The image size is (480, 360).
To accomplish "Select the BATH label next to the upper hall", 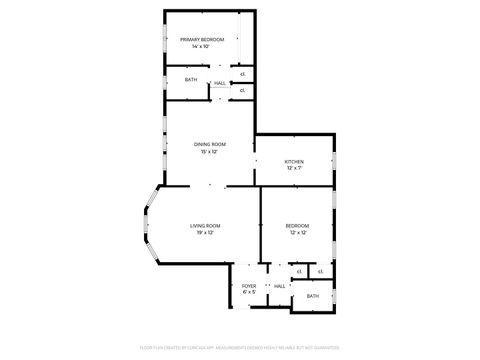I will point(190,80).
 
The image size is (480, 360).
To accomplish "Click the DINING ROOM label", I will point(210,144).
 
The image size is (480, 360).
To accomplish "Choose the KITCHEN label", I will point(294,161).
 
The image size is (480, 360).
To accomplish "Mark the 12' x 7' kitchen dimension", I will point(294,169).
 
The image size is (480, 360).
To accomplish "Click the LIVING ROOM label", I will point(205,226).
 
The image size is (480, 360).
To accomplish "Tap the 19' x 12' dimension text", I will point(203,234).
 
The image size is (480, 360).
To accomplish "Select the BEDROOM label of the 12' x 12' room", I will point(297,226).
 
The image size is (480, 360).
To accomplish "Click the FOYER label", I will point(249,286).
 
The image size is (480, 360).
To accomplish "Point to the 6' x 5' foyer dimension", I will point(249,293).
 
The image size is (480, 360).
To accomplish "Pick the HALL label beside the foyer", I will point(280,287).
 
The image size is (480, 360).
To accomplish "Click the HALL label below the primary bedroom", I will point(220,83).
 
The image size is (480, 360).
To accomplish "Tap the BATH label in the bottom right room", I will point(313,296).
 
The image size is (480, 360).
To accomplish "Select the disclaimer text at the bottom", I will point(240,348).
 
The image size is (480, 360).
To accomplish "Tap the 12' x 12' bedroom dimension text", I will point(297,234).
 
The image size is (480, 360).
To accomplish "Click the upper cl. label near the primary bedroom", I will point(243,74).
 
